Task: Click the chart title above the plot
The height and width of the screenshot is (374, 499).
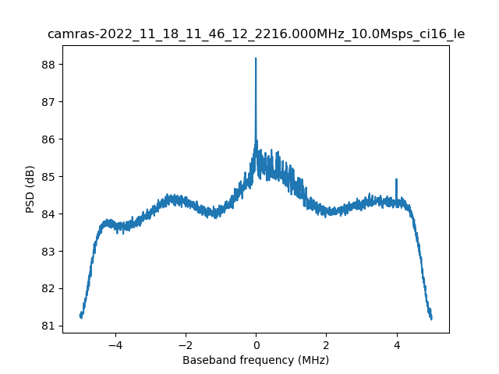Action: pyautogui.click(x=256, y=34)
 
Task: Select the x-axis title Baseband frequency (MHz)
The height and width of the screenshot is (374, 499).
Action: pyautogui.click(x=256, y=360)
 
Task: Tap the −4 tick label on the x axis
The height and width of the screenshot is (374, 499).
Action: pyautogui.click(x=115, y=344)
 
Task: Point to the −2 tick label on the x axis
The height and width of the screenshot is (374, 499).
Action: pyautogui.click(x=185, y=344)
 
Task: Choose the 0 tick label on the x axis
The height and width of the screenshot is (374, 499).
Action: pyautogui.click(x=256, y=344)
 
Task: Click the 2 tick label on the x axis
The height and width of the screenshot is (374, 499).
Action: pyautogui.click(x=326, y=344)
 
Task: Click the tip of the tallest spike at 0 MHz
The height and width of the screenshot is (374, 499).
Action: pyautogui.click(x=256, y=58)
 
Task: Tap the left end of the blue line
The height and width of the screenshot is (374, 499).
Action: pyautogui.click(x=80, y=314)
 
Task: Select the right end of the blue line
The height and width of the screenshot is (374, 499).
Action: pyautogui.click(x=431, y=319)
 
